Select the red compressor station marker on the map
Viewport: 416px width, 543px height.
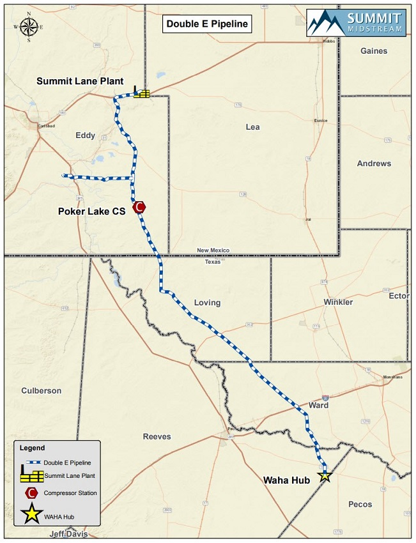(x=139, y=207)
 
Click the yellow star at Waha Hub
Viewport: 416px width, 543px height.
(x=325, y=475)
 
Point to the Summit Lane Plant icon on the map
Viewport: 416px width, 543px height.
(x=141, y=93)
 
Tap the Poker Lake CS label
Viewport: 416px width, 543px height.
(x=91, y=211)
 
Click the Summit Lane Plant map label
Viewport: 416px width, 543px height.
(x=79, y=81)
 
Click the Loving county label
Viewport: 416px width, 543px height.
(x=206, y=303)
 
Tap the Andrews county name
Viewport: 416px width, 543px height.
(x=374, y=164)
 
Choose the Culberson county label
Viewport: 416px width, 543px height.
(x=41, y=390)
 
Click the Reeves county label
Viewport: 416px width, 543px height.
(x=157, y=436)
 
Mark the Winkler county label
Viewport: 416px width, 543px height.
(x=338, y=302)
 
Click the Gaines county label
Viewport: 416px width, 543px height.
(x=374, y=51)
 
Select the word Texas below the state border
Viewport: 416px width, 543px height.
(x=212, y=262)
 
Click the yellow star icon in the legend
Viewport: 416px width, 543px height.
(x=30, y=515)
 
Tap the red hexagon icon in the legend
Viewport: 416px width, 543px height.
(x=30, y=493)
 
